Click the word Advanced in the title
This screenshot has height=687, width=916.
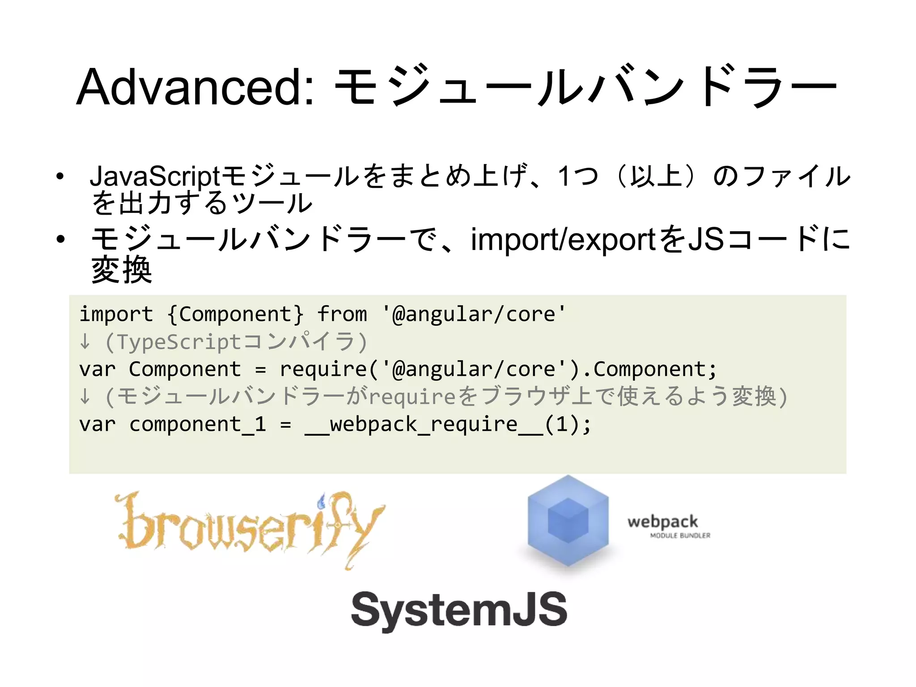195,87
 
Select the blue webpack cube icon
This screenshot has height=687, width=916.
568,522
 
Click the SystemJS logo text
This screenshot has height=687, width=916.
459,609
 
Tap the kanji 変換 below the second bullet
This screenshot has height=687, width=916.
122,270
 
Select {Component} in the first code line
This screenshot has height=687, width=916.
235,314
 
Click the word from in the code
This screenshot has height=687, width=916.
342,314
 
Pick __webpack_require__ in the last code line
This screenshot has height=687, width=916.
423,424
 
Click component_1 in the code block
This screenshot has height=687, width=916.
197,424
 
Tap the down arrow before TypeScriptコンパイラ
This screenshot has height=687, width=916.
85,342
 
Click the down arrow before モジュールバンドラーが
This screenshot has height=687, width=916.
85,397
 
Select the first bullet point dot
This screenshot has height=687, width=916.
60,177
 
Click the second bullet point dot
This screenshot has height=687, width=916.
60,240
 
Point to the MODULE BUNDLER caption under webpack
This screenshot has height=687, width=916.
680,535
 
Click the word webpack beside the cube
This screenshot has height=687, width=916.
662,522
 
